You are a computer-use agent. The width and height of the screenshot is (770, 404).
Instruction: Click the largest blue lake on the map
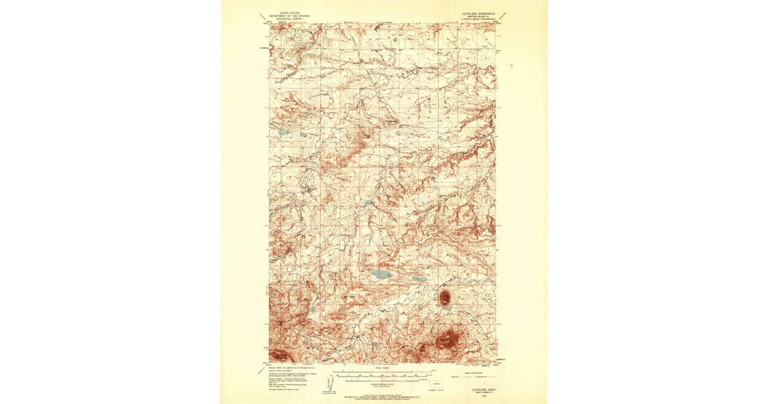tap(382, 274)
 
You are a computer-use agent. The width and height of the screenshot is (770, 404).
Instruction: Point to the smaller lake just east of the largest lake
tap(418, 280)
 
